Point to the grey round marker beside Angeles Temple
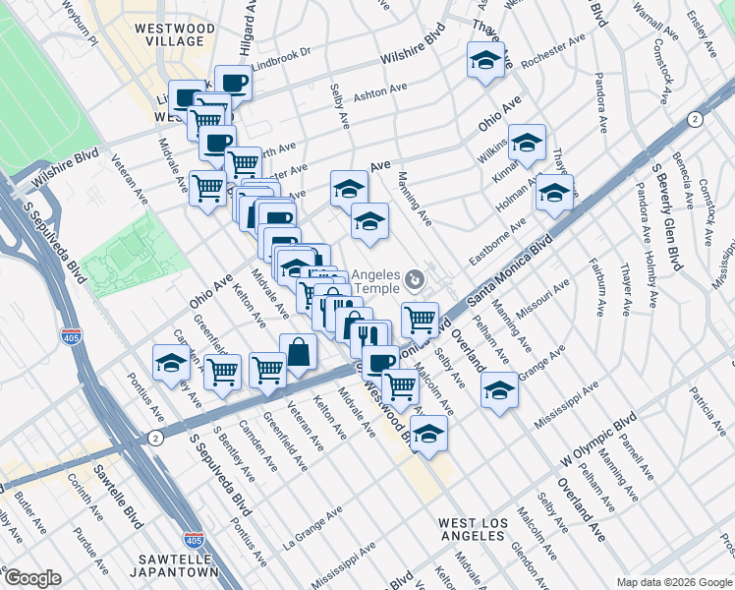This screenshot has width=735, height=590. (x=415, y=282)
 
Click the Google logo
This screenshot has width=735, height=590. (x=32, y=577)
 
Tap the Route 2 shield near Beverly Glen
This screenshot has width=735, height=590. (x=696, y=119)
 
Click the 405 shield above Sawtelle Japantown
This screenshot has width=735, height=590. (x=194, y=541)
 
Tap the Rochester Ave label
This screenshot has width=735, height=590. (x=553, y=51)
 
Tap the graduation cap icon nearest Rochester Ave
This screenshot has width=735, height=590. (x=485, y=61)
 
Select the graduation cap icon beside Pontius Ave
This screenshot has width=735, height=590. (x=171, y=363)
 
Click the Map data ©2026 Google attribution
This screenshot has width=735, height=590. (x=673, y=582)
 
